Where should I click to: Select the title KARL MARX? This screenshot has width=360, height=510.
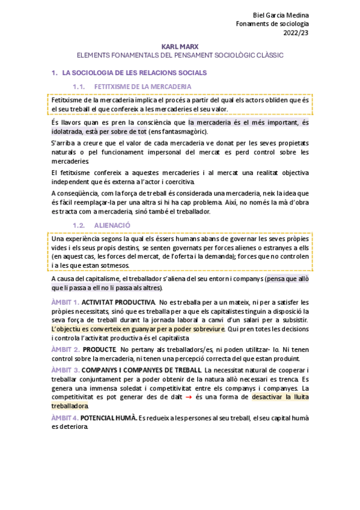coord(180,46)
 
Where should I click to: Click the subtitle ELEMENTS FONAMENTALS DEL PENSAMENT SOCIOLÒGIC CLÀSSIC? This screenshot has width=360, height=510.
coord(180,55)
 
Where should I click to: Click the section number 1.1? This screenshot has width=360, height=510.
coord(79,87)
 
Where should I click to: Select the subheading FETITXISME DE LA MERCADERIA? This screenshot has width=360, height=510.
coord(142,87)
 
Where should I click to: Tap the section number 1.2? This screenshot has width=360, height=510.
coord(79,225)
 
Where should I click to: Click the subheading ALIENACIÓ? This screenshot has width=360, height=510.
coord(112,225)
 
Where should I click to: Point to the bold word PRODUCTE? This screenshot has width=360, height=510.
coord(99,349)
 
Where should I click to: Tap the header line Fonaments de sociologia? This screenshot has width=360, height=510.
coord(275,24)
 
